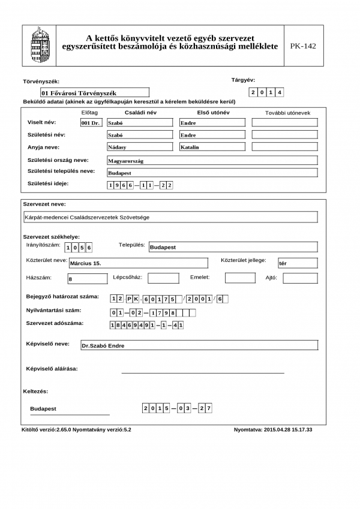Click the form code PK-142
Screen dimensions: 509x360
point(302,46)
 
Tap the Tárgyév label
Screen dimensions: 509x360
point(244,80)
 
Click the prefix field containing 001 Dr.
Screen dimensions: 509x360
point(91,122)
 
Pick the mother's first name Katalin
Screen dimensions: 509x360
point(212,147)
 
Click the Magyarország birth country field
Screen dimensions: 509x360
point(211,161)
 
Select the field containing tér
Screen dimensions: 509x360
point(298,263)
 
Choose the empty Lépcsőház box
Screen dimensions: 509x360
point(163,278)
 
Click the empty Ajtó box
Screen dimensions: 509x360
point(300,278)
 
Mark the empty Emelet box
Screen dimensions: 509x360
point(240,278)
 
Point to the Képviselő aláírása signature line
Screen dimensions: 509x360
point(203,372)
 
